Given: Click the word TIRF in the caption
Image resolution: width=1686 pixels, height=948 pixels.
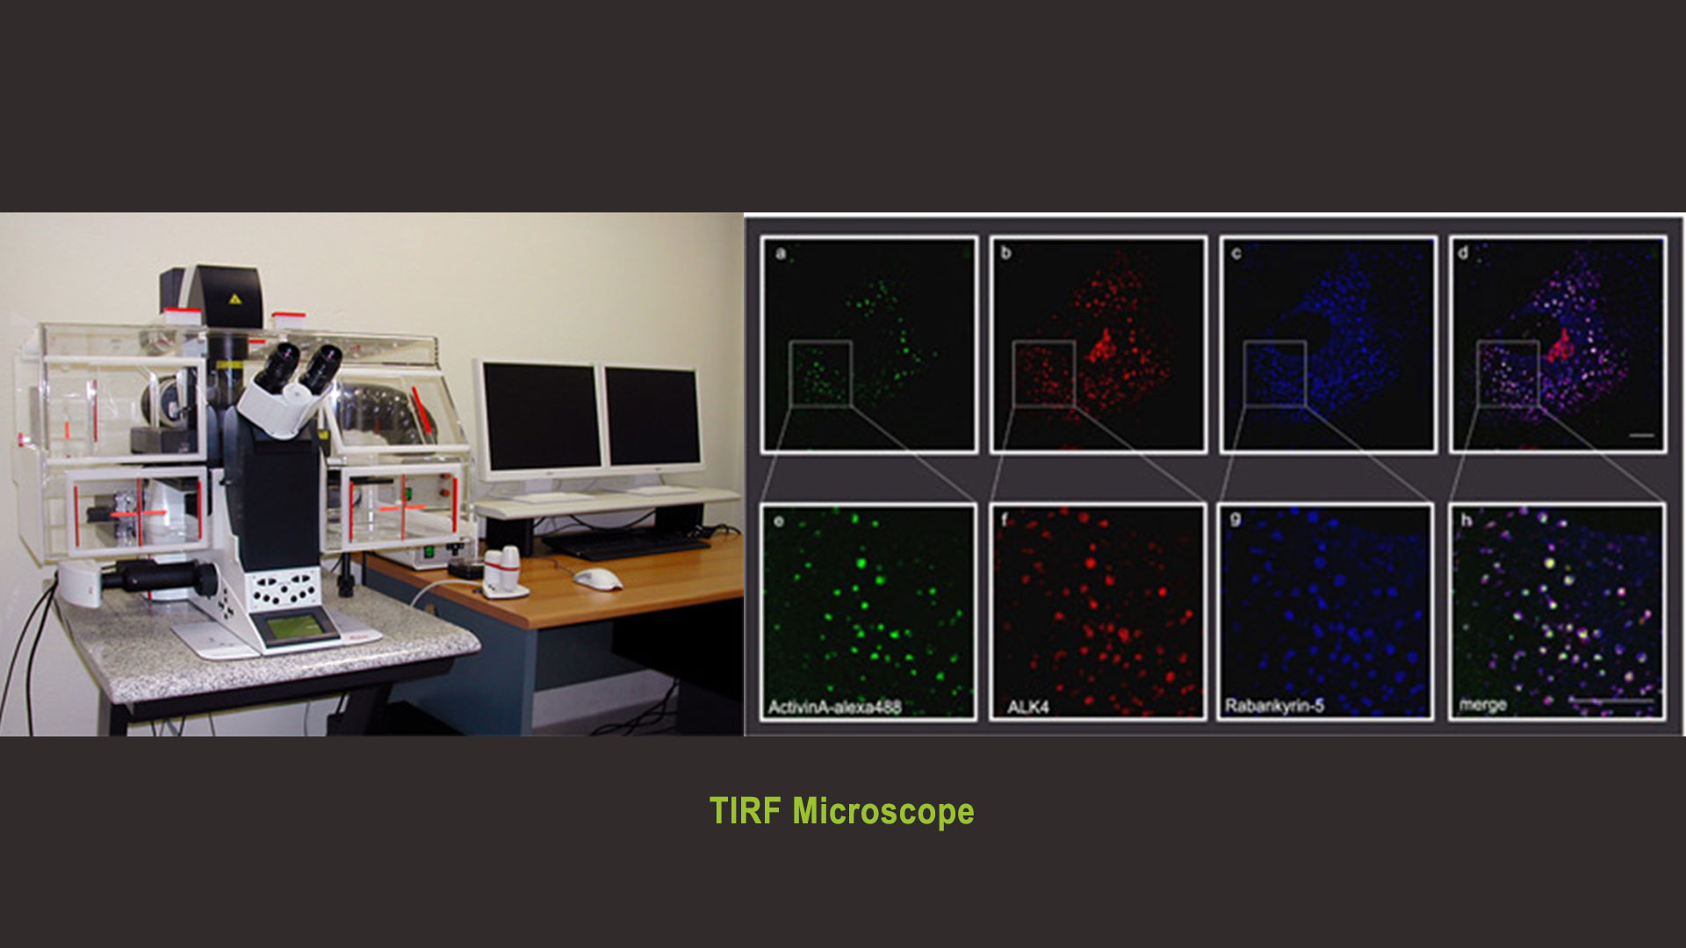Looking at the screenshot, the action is tap(745, 811).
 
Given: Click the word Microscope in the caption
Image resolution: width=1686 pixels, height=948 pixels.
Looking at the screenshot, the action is tap(883, 812).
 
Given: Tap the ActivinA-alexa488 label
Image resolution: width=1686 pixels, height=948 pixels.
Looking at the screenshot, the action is tap(834, 707).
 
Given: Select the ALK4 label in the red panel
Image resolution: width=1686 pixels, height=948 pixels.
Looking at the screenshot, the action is tap(1027, 707).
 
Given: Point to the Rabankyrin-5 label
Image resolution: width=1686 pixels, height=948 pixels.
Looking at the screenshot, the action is tap(1274, 706).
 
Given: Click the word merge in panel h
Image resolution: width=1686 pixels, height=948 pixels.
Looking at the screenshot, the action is tap(1483, 705).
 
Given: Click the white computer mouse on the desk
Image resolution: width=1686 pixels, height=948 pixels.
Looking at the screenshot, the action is tap(597, 578).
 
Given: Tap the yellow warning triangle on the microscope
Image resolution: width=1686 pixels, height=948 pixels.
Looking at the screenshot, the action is tap(234, 298).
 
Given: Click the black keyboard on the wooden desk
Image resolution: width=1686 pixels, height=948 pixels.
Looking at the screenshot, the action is tap(624, 546).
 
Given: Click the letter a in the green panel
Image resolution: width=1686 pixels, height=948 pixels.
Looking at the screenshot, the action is tap(781, 254).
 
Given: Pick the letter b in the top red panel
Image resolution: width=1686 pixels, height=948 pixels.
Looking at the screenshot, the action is tap(1006, 253).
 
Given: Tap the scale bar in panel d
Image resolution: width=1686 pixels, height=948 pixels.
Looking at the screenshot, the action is tap(1641, 434).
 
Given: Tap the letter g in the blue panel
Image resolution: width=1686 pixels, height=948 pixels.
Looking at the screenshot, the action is tap(1236, 520).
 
